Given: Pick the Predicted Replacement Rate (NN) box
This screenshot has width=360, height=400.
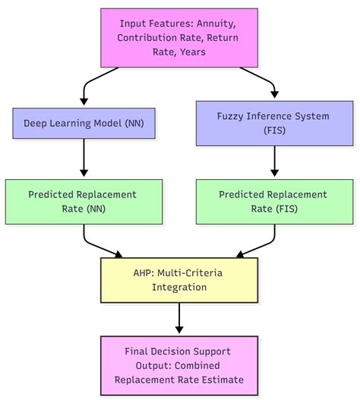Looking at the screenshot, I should click(x=84, y=201).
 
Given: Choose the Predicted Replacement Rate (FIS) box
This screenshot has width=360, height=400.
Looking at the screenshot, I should click(x=273, y=201).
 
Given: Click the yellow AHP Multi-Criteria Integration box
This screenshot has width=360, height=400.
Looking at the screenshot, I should click(x=178, y=280).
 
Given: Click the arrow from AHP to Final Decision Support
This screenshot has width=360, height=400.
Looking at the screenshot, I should click(x=178, y=319).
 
